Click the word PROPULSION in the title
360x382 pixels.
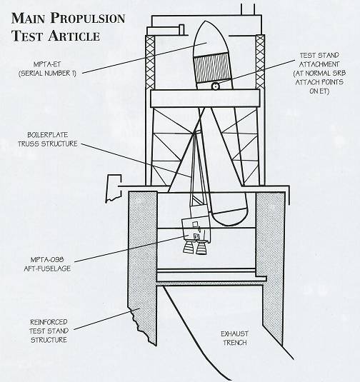(88, 19)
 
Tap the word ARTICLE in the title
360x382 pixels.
(74, 36)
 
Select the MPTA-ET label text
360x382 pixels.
(47, 64)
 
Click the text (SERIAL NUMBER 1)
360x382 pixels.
(47, 73)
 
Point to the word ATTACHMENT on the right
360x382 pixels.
(319, 64)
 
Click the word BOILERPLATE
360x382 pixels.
(48, 135)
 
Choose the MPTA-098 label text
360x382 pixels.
(47, 260)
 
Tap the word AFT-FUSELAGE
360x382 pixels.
(47, 268)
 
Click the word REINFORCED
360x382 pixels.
(49, 322)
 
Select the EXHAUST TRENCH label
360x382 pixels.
(235, 338)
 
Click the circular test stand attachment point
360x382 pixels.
(215, 86)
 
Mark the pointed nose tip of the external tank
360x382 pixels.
(205, 21)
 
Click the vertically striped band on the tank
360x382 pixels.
(211, 68)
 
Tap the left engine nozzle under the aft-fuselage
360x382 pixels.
(188, 246)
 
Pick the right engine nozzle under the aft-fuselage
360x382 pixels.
(202, 247)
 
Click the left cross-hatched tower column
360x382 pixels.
(150, 62)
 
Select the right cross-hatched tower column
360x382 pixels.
(260, 62)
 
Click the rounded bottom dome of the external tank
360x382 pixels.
(229, 217)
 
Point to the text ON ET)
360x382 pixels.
(319, 91)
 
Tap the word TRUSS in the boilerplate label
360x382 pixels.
(29, 144)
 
